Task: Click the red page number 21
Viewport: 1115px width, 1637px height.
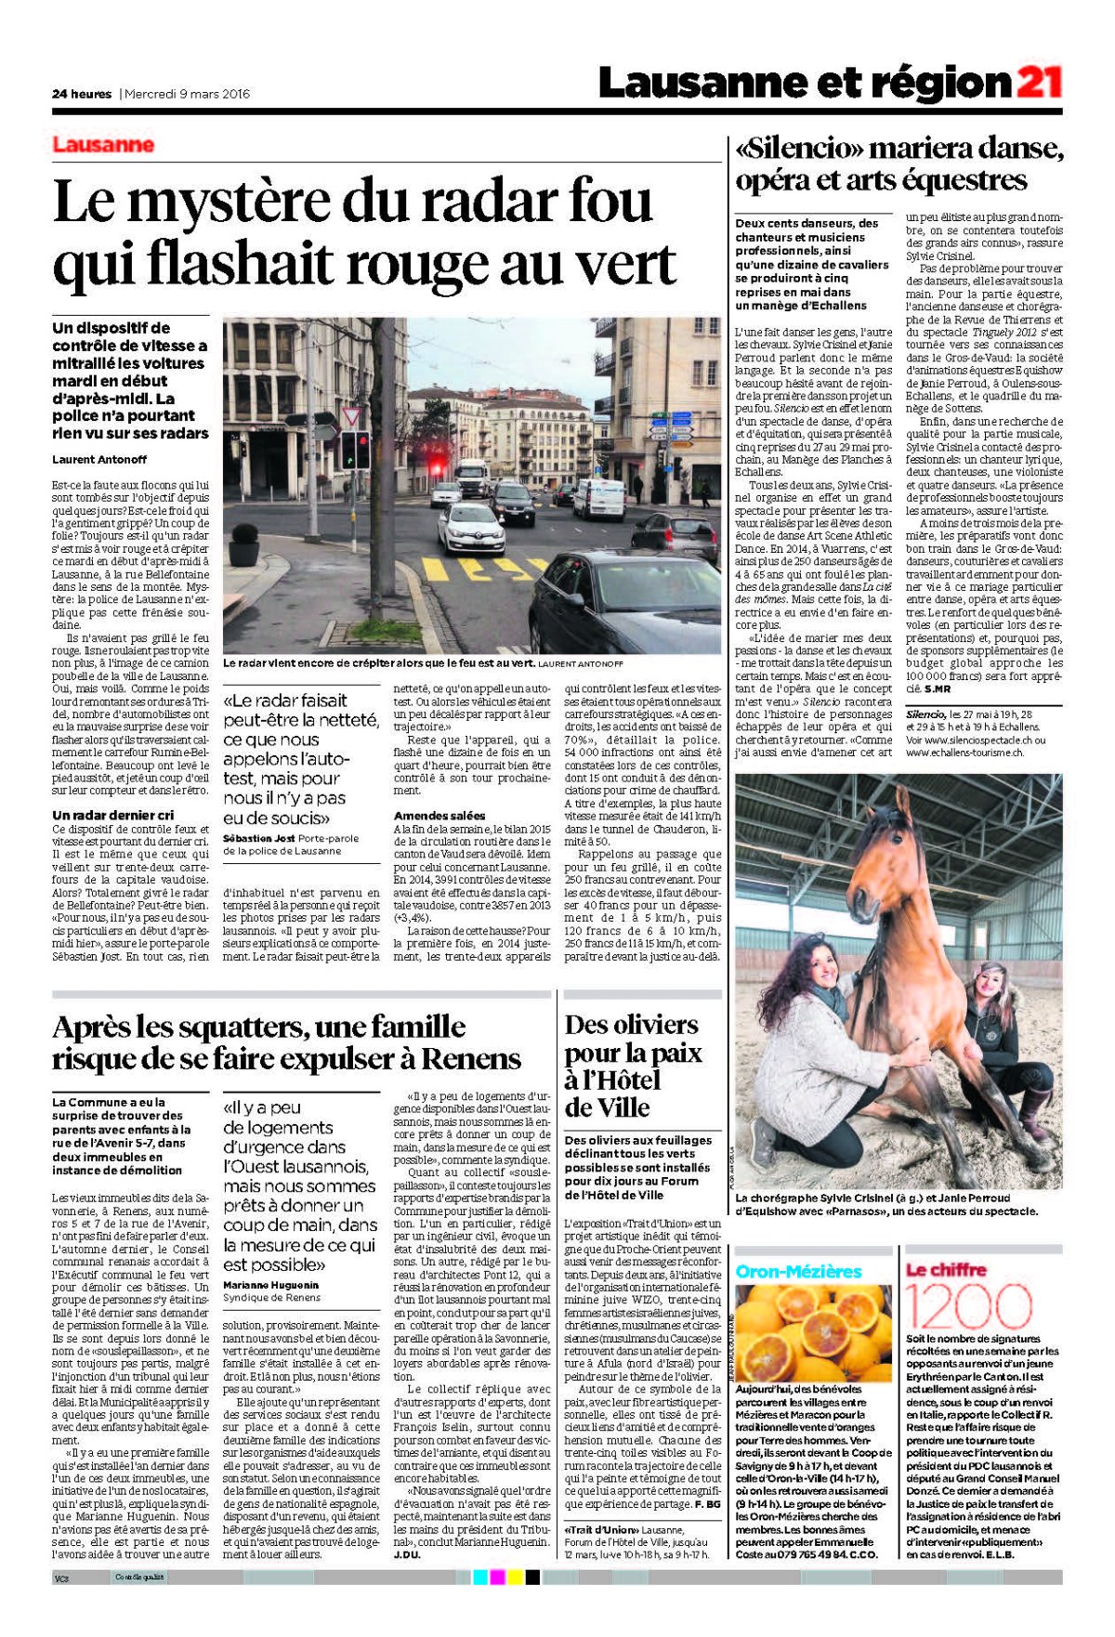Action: (1040, 83)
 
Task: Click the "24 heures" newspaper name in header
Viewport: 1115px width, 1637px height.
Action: (82, 93)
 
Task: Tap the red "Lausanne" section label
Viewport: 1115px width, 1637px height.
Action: (103, 145)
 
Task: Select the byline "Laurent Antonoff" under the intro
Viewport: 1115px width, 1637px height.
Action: (99, 459)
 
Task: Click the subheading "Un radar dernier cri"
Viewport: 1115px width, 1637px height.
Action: (112, 815)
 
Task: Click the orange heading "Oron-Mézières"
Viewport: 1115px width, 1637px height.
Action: (798, 1271)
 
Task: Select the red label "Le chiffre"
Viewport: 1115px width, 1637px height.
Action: (946, 1269)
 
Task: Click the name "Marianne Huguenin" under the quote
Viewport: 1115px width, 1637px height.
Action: (270, 1285)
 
